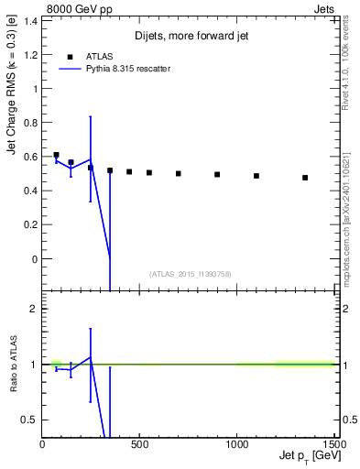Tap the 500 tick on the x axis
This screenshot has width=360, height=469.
pyautogui.click(x=139, y=445)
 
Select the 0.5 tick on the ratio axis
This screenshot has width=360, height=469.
pyautogui.click(x=30, y=420)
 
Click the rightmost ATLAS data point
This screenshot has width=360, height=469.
pyautogui.click(x=305, y=178)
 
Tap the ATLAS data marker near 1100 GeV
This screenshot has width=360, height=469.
pyautogui.click(x=256, y=176)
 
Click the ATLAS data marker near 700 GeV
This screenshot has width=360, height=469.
pyautogui.click(x=179, y=173)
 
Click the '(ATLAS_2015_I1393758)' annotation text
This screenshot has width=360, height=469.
pyautogui.click(x=189, y=274)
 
